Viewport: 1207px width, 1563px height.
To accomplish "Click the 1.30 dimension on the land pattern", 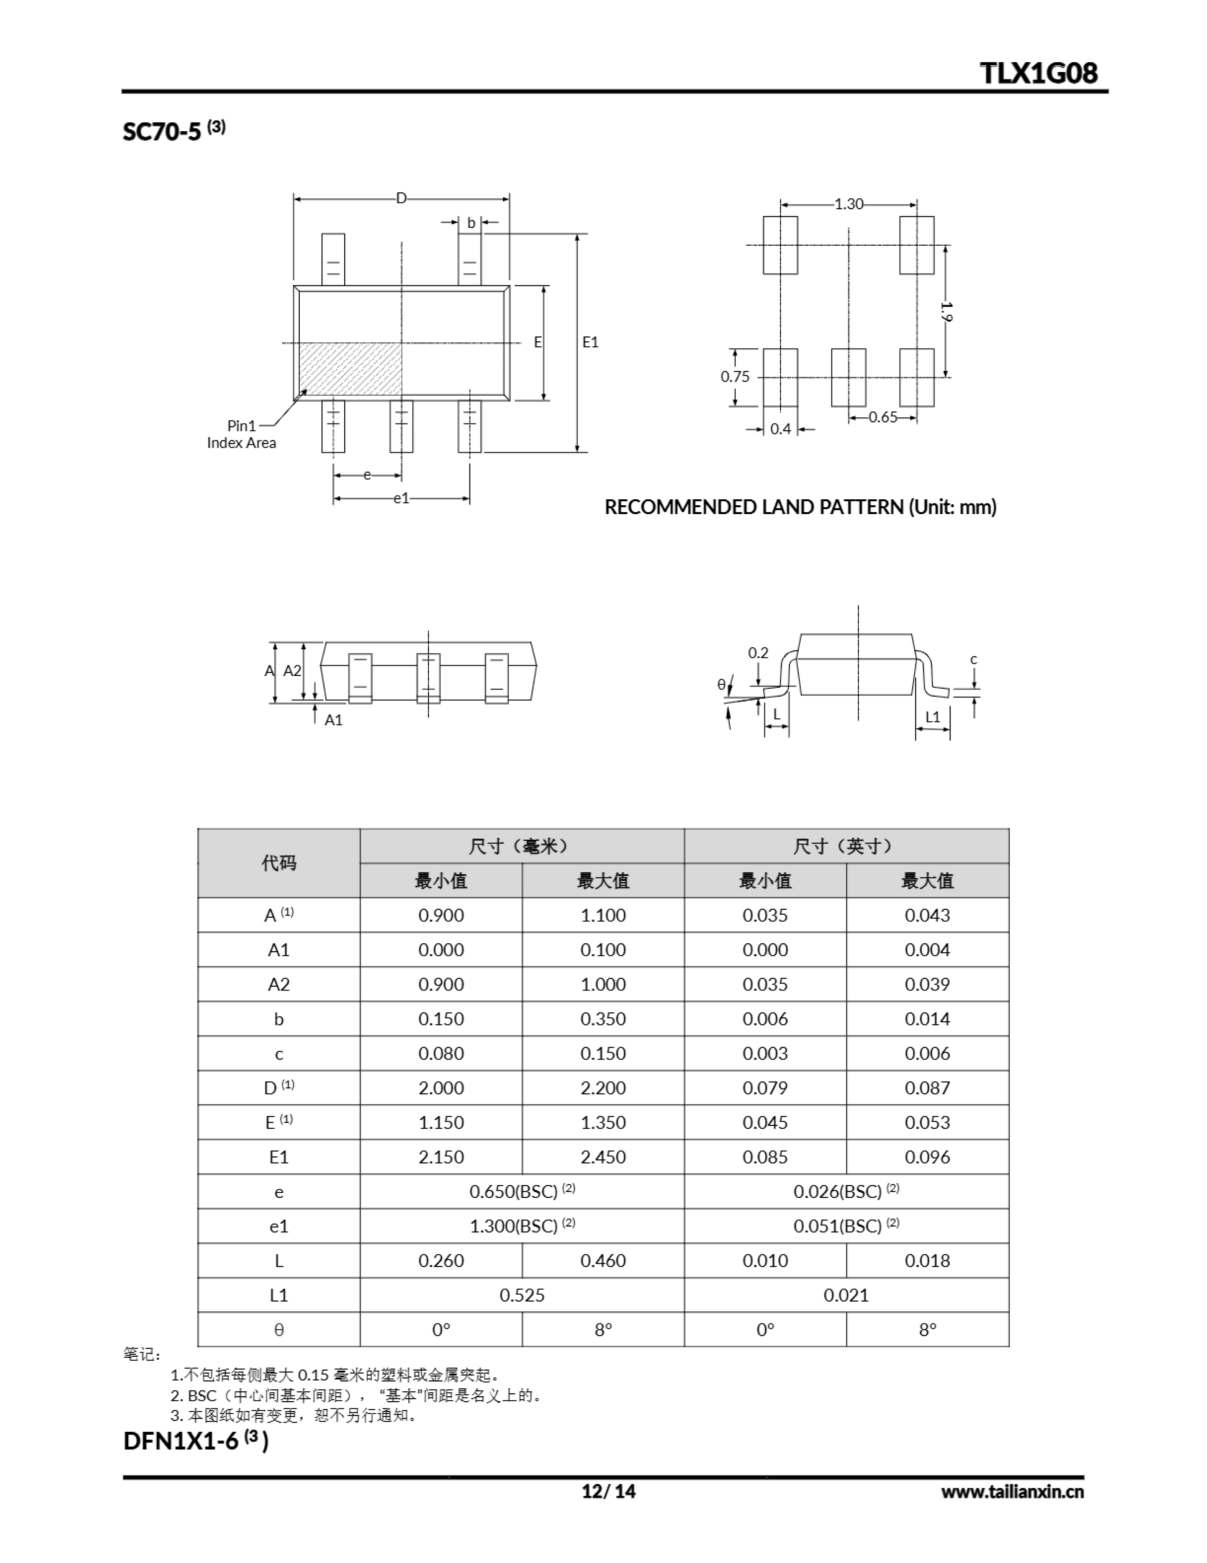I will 849,204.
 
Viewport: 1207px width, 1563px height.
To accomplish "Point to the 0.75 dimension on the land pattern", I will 735,377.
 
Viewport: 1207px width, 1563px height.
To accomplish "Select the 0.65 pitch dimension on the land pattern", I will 883,417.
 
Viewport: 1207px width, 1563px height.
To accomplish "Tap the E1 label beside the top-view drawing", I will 589,342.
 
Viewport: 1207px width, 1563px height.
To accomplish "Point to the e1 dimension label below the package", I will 401,498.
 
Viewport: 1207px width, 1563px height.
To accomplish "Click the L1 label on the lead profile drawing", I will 932,716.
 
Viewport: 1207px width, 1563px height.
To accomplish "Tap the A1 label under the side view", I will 333,720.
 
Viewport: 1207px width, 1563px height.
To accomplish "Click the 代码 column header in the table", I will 278,863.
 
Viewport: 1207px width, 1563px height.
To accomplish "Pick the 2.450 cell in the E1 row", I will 602,1157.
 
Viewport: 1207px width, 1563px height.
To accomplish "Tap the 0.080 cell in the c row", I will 441,1053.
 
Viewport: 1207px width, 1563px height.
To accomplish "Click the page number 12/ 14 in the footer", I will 608,1492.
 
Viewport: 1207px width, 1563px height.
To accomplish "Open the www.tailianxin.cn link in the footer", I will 1012,1492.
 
